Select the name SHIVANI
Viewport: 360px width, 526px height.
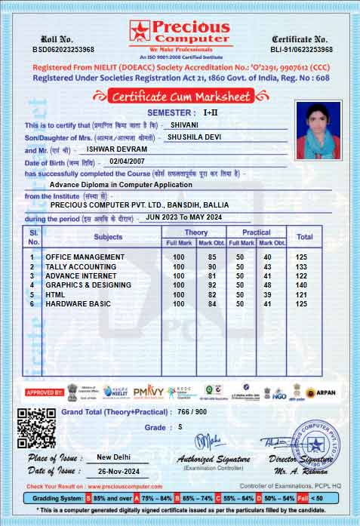(x=185, y=125)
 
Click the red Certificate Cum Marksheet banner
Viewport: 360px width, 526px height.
(x=179, y=97)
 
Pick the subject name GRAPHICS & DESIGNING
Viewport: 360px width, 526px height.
(x=88, y=285)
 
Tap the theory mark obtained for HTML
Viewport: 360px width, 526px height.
(x=212, y=294)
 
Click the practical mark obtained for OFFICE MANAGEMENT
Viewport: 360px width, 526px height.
(x=266, y=257)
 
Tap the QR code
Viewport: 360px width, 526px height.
(x=36, y=427)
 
